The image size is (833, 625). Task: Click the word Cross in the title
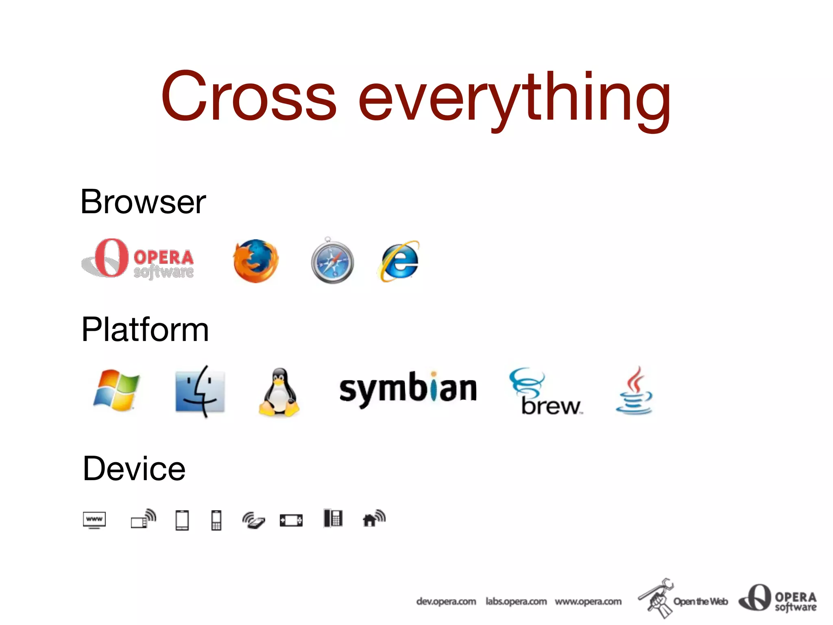(249, 96)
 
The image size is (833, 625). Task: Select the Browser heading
(143, 202)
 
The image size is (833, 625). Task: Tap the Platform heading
(145, 329)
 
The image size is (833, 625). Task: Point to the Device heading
(134, 468)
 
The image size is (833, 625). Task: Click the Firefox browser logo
(256, 261)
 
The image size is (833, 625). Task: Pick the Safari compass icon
(332, 261)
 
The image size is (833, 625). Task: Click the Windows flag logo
(116, 390)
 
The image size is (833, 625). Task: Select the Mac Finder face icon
(200, 391)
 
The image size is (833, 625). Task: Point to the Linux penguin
(279, 392)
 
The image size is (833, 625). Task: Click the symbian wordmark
(408, 389)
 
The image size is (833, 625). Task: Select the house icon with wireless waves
(373, 518)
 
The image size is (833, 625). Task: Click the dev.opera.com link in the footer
(446, 601)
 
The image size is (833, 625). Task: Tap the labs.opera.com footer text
(516, 601)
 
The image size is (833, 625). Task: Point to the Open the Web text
(700, 601)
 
